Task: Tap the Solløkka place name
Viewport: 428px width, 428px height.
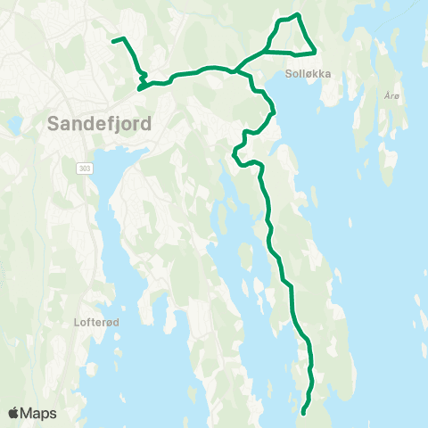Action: click(309, 75)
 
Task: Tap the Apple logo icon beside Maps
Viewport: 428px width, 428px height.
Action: click(13, 413)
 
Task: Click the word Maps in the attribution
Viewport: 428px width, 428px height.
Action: click(39, 413)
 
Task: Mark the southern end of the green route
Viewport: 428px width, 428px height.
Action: click(304, 413)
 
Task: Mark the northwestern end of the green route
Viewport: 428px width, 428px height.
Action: click(112, 40)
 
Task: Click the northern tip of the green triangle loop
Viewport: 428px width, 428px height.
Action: click(297, 14)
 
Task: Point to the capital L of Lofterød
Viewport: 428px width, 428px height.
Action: click(78, 324)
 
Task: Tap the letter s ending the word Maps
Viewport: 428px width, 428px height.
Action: click(53, 414)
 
